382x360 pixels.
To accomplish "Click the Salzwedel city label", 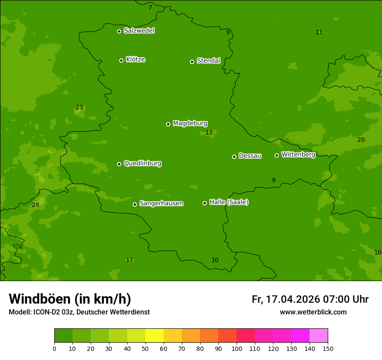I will pyautogui.click(x=139, y=31).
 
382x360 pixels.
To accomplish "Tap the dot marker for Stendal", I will pyautogui.click(x=192, y=62).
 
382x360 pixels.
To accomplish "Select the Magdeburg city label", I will pyautogui.click(x=190, y=124).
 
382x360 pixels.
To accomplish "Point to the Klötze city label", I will pyautogui.click(x=135, y=60).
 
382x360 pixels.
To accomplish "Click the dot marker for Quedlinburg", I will pyautogui.click(x=119, y=164).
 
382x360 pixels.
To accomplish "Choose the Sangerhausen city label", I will pyautogui.click(x=161, y=203).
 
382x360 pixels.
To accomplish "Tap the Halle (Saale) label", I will pyautogui.click(x=229, y=202).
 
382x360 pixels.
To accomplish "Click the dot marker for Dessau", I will pyautogui.click(x=234, y=157).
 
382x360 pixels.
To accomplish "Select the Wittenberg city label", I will pyautogui.click(x=298, y=154).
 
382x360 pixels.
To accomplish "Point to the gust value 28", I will pyautogui.click(x=36, y=205).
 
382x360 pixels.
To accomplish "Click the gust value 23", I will pyautogui.click(x=79, y=108).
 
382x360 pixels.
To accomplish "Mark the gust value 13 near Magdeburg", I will pyautogui.click(x=209, y=133).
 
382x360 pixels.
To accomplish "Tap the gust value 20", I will pyautogui.click(x=361, y=140).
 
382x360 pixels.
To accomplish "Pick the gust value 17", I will pyautogui.click(x=129, y=260).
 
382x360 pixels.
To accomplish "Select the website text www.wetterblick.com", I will pyautogui.click(x=313, y=312).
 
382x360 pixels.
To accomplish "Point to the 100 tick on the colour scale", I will pyautogui.click(x=237, y=348).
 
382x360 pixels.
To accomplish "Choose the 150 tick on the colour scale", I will pyautogui.click(x=328, y=348).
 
